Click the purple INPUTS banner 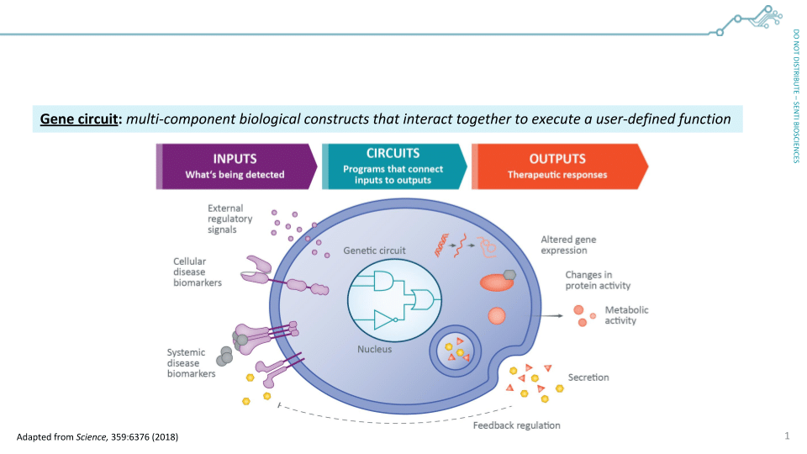[x=235, y=166]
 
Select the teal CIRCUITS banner [x=393, y=166]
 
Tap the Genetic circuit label [x=374, y=251]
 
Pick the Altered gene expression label [x=568, y=245]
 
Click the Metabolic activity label [x=626, y=315]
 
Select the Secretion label [x=588, y=377]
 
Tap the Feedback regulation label [x=516, y=425]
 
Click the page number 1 [x=787, y=436]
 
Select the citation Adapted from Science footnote [x=98, y=437]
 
